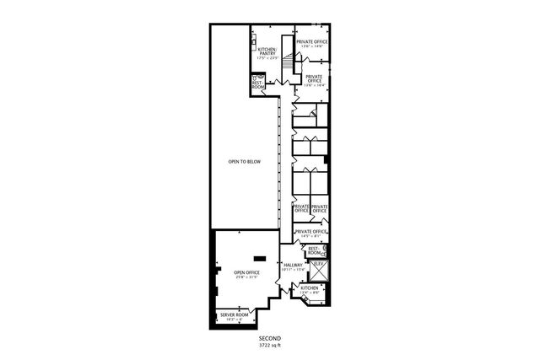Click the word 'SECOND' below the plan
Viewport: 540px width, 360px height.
[x=269, y=338]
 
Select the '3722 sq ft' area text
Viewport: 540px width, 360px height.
[x=269, y=345]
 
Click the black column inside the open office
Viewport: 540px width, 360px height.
[x=261, y=258]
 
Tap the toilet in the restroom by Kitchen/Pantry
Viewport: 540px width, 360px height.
[x=255, y=78]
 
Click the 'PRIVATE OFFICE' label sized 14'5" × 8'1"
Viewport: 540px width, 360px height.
[x=310, y=231]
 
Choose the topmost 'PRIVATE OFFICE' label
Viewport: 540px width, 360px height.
[x=311, y=40]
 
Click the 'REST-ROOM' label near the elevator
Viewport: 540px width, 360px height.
[x=314, y=250]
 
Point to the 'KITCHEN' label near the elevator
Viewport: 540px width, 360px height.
[x=310, y=288]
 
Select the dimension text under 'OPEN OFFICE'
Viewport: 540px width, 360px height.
[x=246, y=278]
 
